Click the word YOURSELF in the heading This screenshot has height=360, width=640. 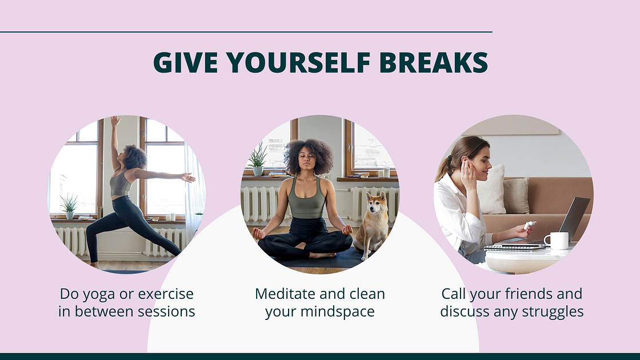click(x=298, y=62)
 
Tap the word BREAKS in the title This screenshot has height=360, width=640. click(x=434, y=62)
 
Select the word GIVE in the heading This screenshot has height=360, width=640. click(x=185, y=62)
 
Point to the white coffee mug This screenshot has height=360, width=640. click(x=557, y=241)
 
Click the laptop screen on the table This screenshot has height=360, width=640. click(x=574, y=218)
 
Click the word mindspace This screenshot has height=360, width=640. click(x=338, y=312)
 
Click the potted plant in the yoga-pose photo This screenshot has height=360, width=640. click(x=69, y=206)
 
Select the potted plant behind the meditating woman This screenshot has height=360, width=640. click(x=258, y=159)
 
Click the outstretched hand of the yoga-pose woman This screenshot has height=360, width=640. click(x=189, y=178)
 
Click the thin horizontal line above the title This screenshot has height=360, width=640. click(x=246, y=32)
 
